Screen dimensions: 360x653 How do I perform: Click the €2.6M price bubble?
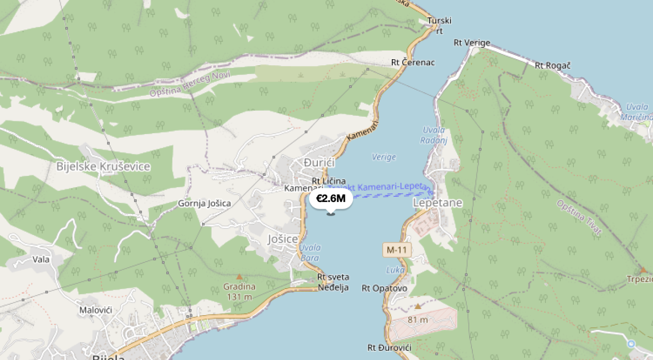(x=331, y=199)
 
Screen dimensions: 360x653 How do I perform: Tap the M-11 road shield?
(x=396, y=250)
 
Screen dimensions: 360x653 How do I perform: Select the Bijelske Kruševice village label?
(x=103, y=167)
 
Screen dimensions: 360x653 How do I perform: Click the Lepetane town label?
(x=438, y=203)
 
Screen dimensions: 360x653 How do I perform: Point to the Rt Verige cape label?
(x=472, y=43)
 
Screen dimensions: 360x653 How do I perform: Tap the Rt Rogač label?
(x=552, y=65)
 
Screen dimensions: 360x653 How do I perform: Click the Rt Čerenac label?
(x=413, y=62)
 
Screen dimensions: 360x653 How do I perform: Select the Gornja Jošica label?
(x=204, y=203)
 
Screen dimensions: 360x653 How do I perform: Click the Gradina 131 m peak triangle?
(x=239, y=277)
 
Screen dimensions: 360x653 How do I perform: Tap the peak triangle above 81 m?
(x=418, y=306)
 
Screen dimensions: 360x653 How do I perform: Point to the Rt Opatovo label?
(x=384, y=289)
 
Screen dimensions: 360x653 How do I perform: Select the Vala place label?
(x=41, y=259)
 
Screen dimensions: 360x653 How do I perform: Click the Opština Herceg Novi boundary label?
(x=190, y=85)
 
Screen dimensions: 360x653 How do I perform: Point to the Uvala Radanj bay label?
(x=433, y=135)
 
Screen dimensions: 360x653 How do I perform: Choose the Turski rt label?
(x=439, y=25)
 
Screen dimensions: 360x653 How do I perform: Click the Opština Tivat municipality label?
(x=580, y=218)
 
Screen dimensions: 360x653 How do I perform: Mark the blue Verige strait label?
(x=384, y=157)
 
